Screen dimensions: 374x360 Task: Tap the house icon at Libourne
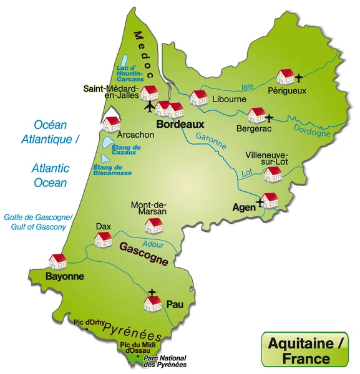coord(198,97)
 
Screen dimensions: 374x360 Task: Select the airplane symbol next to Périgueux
coord(299,78)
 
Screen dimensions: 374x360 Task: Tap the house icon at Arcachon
coord(112,123)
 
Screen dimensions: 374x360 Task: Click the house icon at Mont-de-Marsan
coord(153,224)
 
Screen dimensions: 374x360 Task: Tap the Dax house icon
coord(102,239)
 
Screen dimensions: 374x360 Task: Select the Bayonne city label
coord(65,276)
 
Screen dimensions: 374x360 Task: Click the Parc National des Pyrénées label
coord(165,362)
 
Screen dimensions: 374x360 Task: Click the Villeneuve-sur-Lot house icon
coord(273,174)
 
